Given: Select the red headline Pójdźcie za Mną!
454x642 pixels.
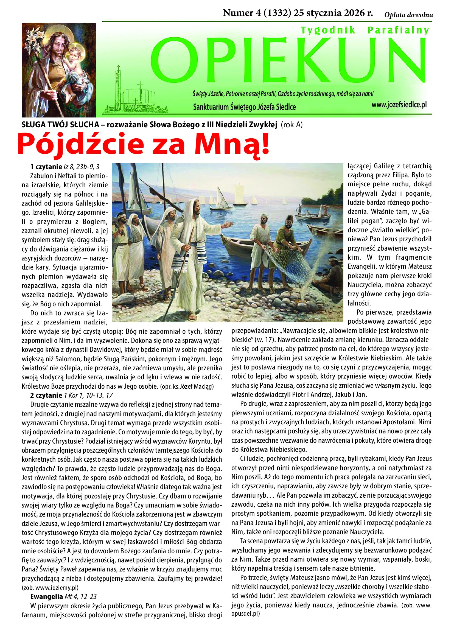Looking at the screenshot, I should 144,145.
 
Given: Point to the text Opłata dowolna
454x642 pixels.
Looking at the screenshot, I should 408,15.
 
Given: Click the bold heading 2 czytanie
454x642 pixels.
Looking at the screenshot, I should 46,396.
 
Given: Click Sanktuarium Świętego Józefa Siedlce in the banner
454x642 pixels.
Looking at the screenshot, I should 244,107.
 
